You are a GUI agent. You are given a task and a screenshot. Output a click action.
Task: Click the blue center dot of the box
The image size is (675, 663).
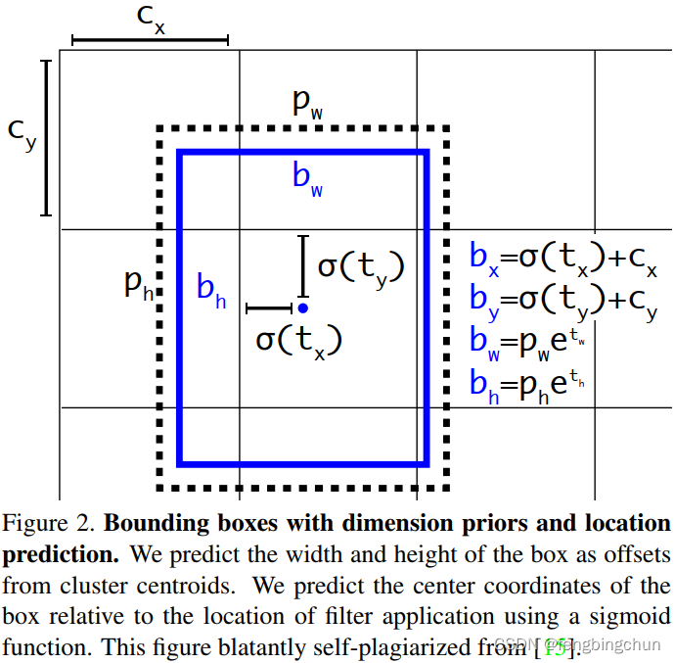[x=303, y=308]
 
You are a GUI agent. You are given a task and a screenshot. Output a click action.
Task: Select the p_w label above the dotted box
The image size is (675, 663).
[x=307, y=105]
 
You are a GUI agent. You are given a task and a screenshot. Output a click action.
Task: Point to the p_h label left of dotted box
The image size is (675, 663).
[x=138, y=286]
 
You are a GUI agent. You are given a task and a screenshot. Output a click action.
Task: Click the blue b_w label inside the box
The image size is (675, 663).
[x=307, y=179]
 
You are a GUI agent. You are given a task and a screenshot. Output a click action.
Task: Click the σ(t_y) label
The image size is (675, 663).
[x=360, y=266]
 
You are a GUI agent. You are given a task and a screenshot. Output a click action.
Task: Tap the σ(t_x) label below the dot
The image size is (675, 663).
[x=298, y=341]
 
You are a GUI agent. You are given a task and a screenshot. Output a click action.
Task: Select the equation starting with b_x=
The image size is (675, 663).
[x=562, y=259]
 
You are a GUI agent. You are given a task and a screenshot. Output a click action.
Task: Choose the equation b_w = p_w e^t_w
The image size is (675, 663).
[x=532, y=342]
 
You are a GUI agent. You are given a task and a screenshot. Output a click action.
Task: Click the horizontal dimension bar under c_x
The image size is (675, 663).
[x=150, y=40]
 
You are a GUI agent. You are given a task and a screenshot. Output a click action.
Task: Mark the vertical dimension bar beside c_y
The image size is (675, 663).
[x=45, y=137]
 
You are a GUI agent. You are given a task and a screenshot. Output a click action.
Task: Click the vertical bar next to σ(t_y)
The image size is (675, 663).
[x=303, y=265]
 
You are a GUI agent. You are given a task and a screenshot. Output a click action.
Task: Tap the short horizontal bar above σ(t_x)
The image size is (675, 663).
[x=269, y=308]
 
